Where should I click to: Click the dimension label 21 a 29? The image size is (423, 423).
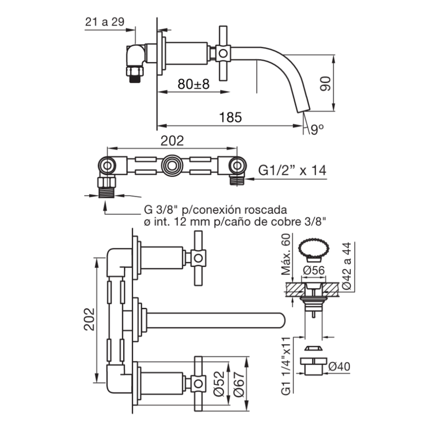pos(105,22)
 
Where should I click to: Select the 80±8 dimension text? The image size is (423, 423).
pos(194,84)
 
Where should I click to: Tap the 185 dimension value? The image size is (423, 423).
pos(231,117)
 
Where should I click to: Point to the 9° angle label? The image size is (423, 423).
pos(317,130)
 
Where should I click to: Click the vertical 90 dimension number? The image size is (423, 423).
pos(325,84)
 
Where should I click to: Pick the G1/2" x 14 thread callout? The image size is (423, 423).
pos(292,170)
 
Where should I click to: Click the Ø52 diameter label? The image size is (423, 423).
pos(218,384)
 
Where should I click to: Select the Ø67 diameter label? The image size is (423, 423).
pos(239,384)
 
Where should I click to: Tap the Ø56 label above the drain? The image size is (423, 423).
pos(314,270)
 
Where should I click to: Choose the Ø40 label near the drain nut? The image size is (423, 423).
pos(339,366)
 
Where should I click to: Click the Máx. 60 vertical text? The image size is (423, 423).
pos(286,254)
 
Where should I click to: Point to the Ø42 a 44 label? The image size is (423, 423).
pos(347,266)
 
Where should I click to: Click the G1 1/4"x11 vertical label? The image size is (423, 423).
pos(286,366)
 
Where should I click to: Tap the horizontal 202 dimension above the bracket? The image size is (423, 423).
pos(172,141)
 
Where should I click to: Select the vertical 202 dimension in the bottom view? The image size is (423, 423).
pos(89,319)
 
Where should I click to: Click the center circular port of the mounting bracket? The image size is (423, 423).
pos(172,165)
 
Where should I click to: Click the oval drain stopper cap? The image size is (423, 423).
pos(314,247)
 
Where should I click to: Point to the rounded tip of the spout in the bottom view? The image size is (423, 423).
pos(282,320)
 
